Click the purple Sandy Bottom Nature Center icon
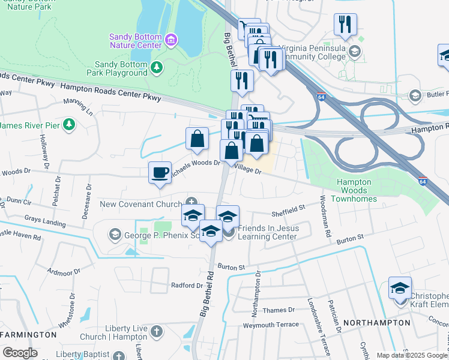tap(172, 40)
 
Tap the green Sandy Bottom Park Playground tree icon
tap(157, 66)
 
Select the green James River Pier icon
tap(70, 125)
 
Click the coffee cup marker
tap(160, 173)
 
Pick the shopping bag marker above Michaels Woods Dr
tap(197, 139)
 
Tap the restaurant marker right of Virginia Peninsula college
tap(345, 25)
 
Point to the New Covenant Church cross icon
tap(191, 203)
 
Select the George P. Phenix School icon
tap(114, 233)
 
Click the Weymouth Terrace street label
tap(270, 325)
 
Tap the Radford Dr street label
tap(187, 285)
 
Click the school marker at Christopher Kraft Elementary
tap(400, 289)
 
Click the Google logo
tap(20, 353)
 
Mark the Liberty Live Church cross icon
tap(155, 331)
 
